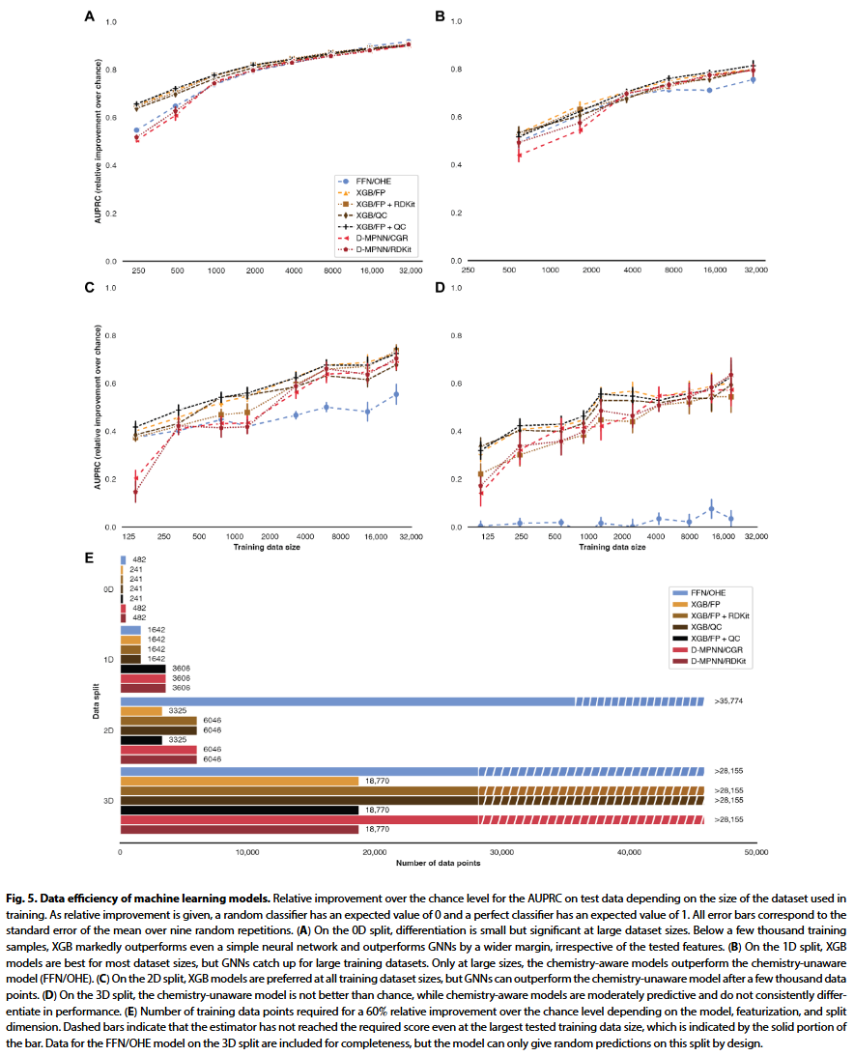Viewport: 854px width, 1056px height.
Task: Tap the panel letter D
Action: click(x=441, y=287)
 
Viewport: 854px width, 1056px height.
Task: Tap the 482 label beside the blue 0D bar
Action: click(x=138, y=559)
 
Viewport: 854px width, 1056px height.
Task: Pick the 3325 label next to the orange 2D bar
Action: click(x=178, y=710)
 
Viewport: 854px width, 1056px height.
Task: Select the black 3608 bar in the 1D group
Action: click(x=143, y=669)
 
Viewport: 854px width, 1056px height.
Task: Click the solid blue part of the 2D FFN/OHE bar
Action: click(x=348, y=701)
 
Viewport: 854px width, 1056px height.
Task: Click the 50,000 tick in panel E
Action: click(x=755, y=853)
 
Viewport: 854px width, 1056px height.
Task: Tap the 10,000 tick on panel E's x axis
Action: click(x=247, y=853)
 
